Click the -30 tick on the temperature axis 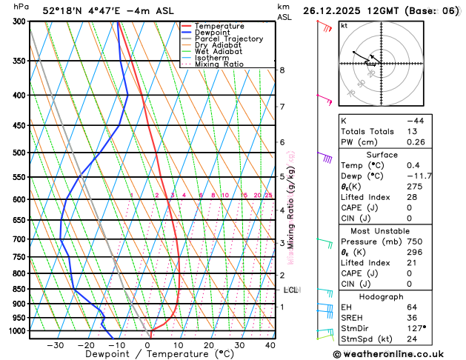point(55,344)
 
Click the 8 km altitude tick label point(282,70)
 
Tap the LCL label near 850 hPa point(290,290)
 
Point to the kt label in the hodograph point(344,25)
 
